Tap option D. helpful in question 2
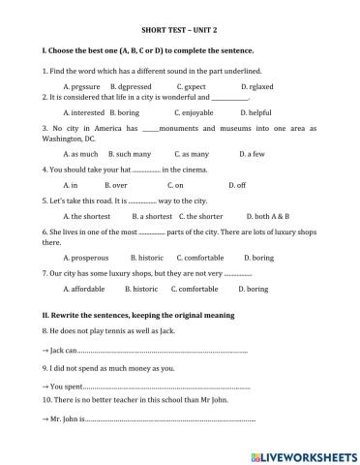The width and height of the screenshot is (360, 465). click(257, 112)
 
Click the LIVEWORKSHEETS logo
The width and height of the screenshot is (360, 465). click(303, 453)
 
